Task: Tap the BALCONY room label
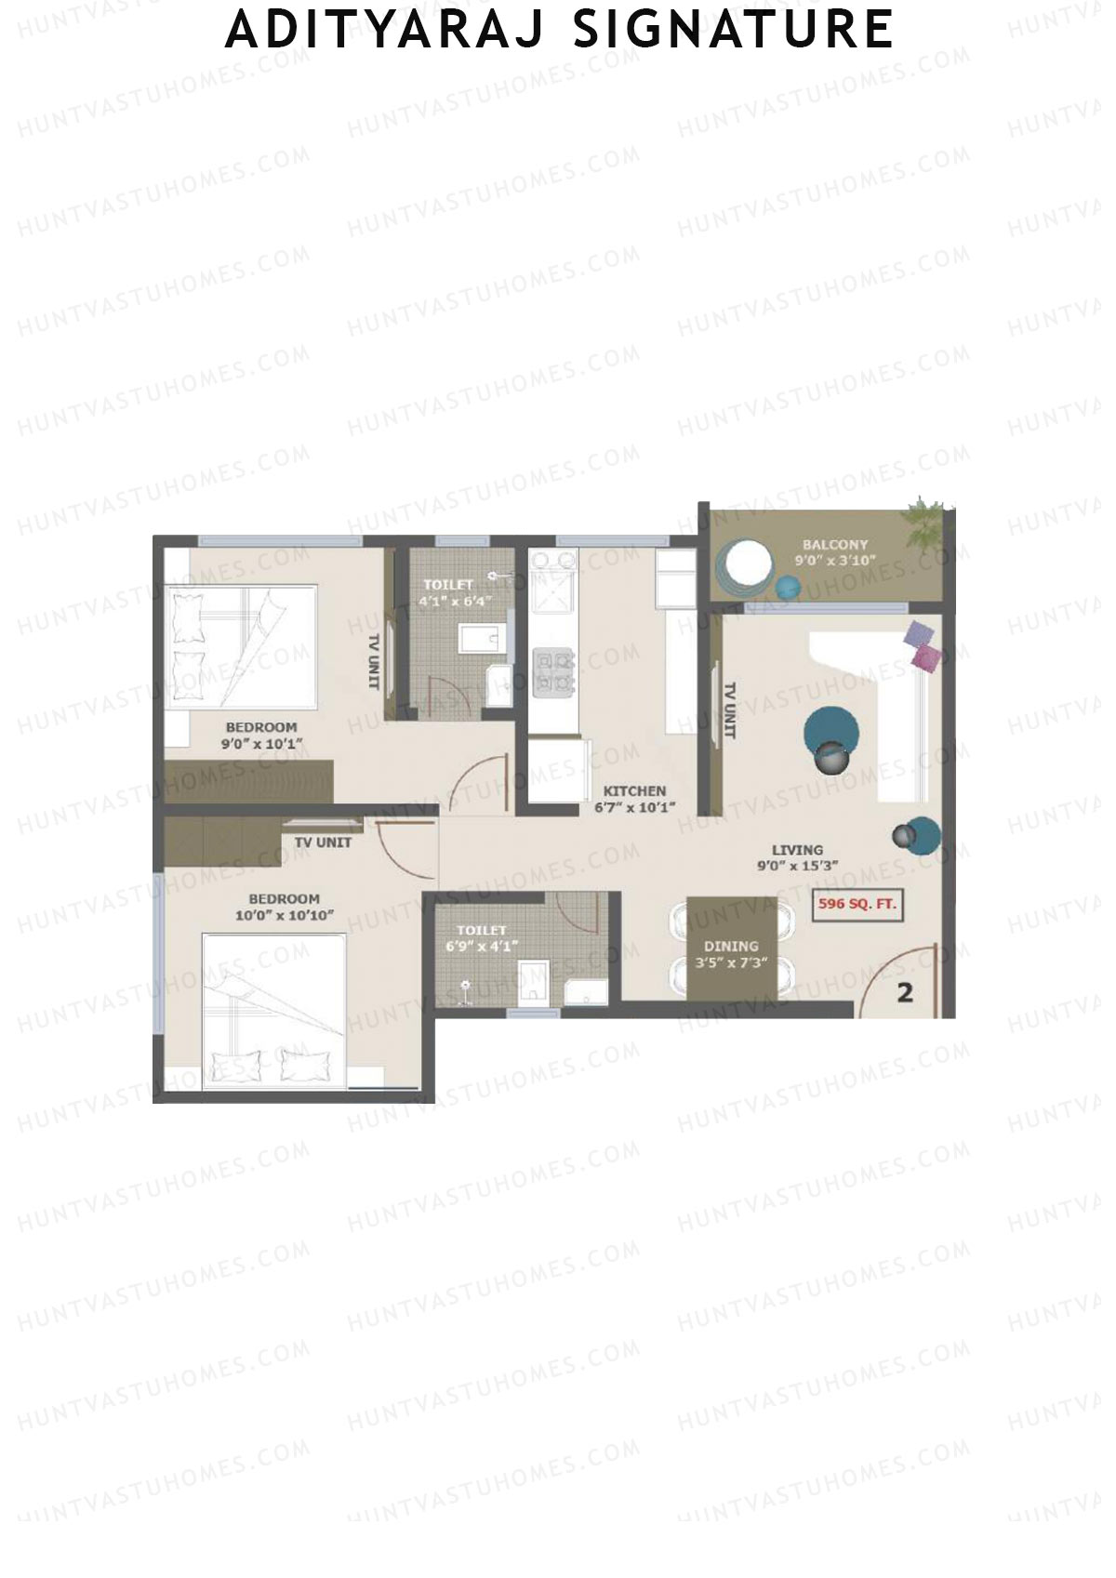(835, 545)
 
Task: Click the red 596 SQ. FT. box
(857, 905)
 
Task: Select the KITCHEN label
(634, 791)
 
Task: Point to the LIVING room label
(797, 850)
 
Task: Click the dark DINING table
(731, 948)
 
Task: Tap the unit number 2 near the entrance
(904, 993)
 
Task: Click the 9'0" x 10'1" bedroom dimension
(261, 744)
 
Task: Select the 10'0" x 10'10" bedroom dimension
(284, 916)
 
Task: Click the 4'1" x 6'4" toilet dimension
(454, 601)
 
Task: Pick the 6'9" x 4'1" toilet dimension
(482, 947)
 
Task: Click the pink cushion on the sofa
(926, 657)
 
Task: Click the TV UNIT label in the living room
(730, 711)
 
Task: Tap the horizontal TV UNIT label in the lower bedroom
(323, 842)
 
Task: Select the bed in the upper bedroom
(242, 647)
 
